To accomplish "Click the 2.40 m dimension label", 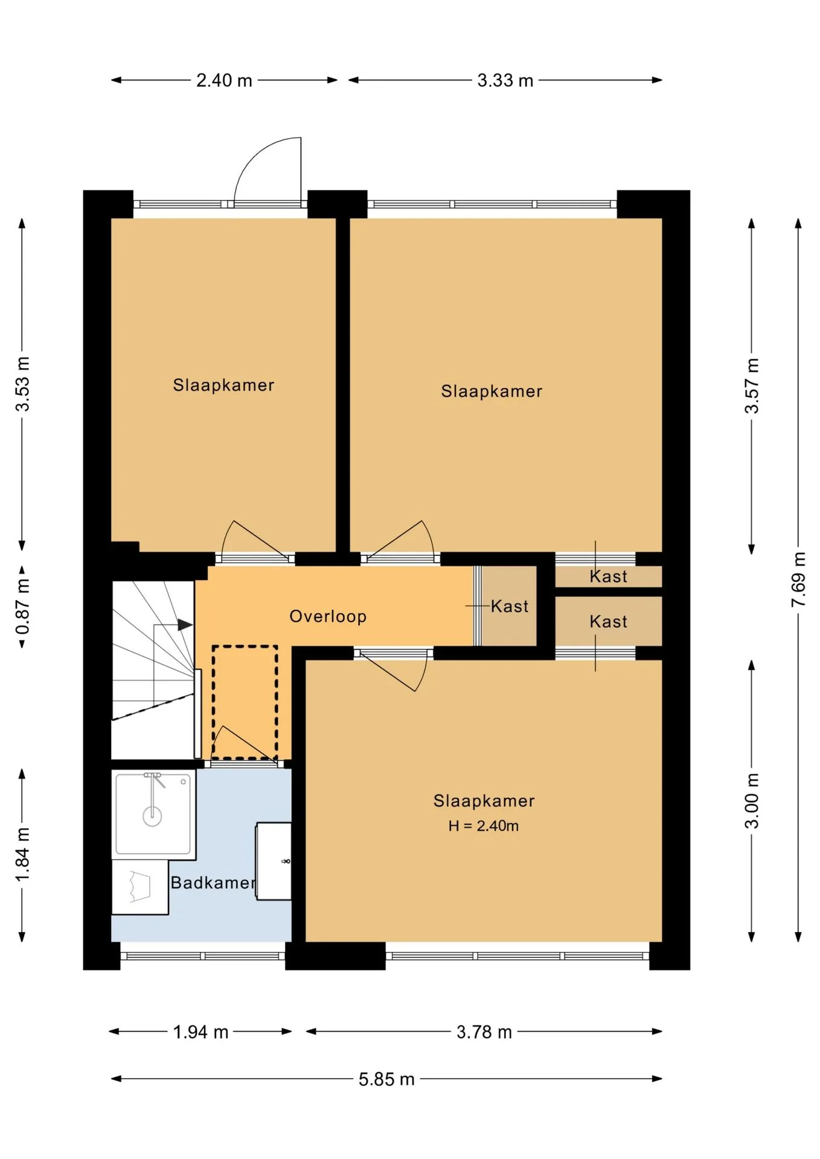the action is (224, 80).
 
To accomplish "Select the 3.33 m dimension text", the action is (505, 80).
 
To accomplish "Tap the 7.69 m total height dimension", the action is (798, 579).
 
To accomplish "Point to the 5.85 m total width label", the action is (386, 1079).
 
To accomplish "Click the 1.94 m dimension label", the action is (200, 1032).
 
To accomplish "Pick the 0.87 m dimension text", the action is (22, 607).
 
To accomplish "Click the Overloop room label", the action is (328, 616).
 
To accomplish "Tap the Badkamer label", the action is (213, 883).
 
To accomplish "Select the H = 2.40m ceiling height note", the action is (483, 826).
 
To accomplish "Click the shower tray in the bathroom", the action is (153, 814).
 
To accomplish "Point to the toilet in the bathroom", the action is (140, 887).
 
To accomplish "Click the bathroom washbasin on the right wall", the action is (274, 861).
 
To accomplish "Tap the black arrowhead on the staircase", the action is (185, 625).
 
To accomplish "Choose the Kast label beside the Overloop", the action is (509, 606).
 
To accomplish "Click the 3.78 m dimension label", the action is (484, 1032).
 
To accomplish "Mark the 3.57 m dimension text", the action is (752, 386).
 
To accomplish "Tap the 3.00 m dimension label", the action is (752, 800).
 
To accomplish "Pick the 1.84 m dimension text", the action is (22, 854).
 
